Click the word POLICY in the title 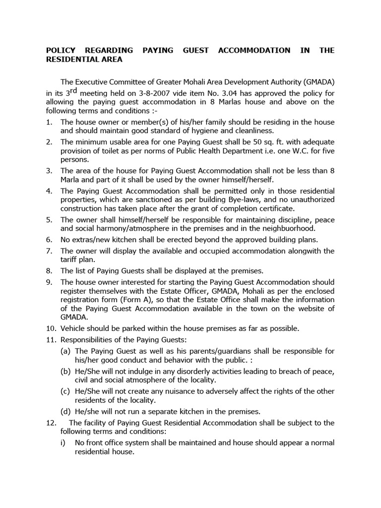(63, 51)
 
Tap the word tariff (70, 260)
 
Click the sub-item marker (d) (65, 411)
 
